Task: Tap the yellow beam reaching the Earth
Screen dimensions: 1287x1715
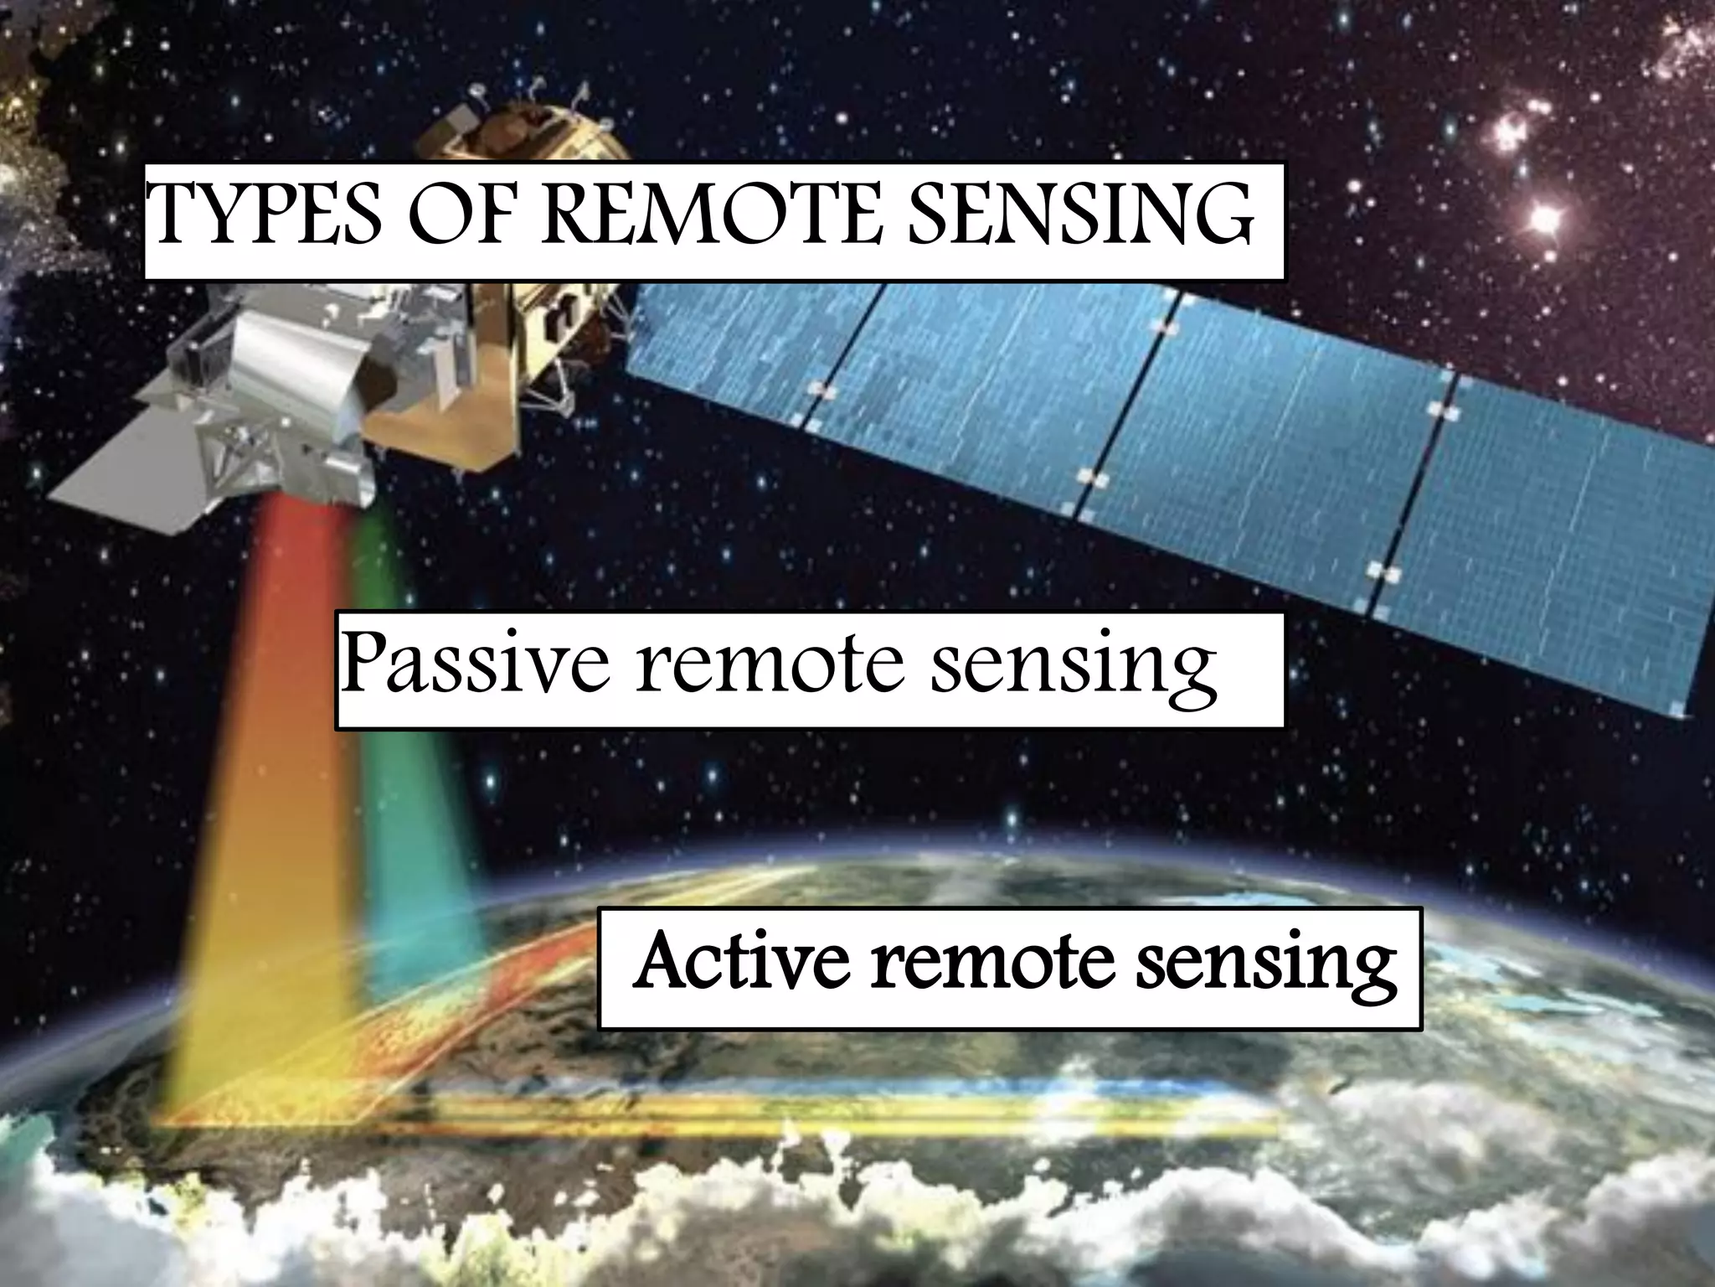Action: pos(251,964)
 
